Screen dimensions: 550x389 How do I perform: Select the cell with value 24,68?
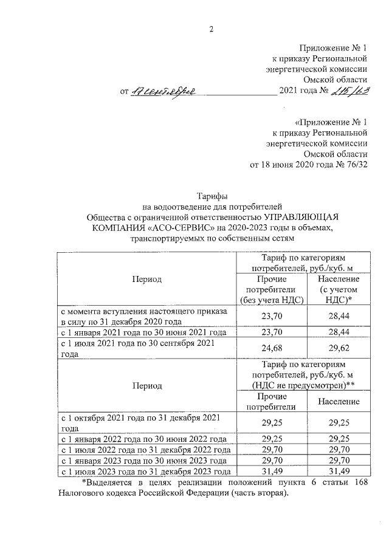(x=272, y=349)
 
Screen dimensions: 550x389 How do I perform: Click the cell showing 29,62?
(x=339, y=349)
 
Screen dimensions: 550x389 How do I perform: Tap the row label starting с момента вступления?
(x=143, y=316)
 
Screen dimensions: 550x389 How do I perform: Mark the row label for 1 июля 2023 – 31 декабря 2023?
(x=144, y=472)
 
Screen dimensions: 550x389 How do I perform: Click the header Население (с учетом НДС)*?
(x=339, y=289)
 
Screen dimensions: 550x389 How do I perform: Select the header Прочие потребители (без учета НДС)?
(x=272, y=289)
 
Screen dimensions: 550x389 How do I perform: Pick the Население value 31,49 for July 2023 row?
(x=339, y=472)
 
